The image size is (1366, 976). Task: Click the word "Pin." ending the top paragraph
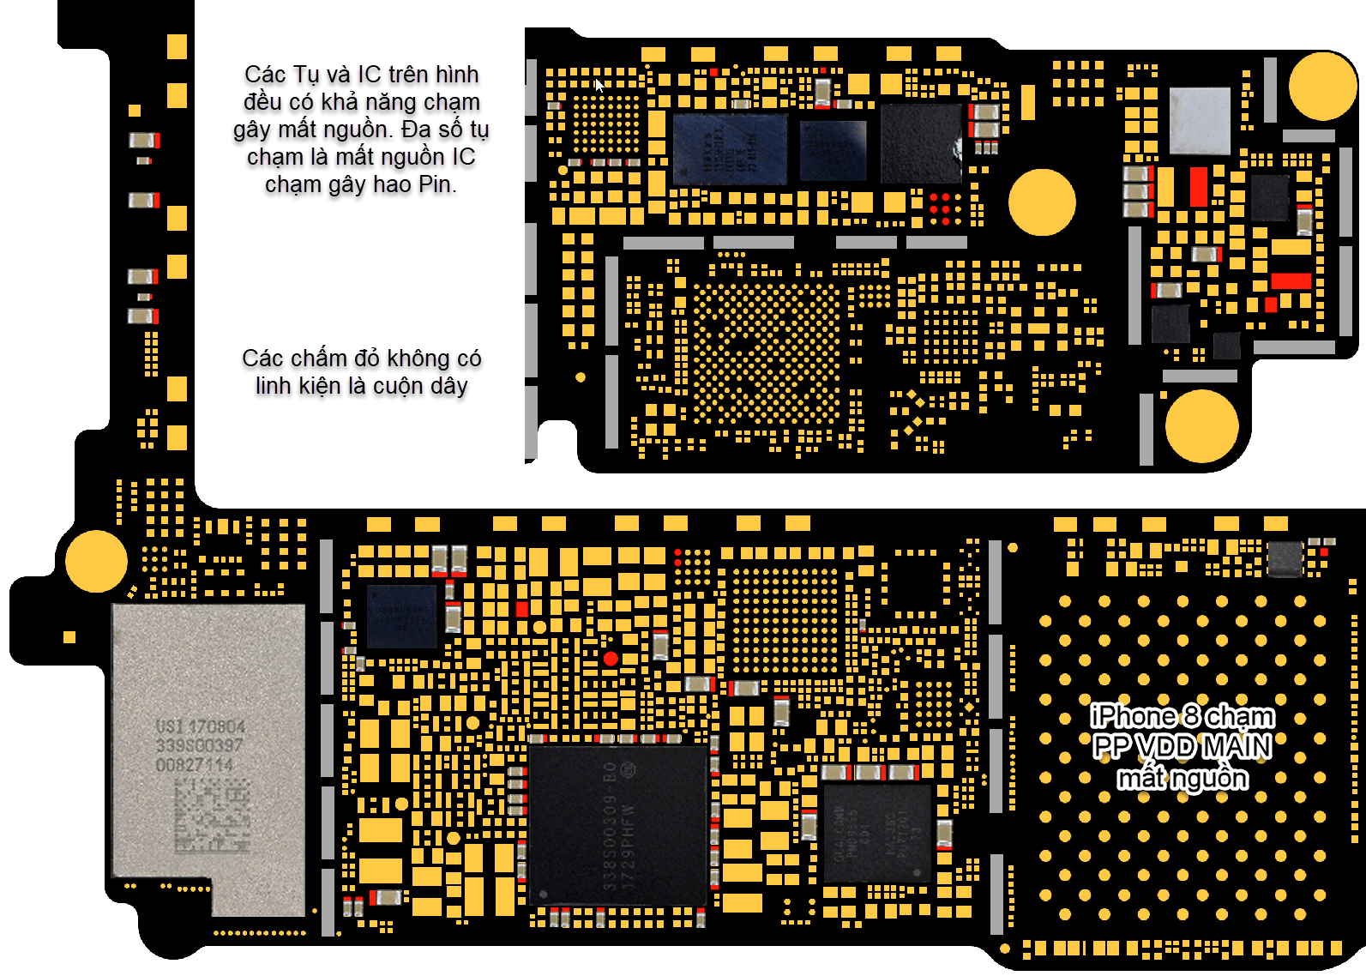point(437,184)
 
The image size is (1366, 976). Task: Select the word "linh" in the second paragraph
point(274,386)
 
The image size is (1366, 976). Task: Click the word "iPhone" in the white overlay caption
point(1133,716)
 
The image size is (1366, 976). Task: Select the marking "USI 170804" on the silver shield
point(201,727)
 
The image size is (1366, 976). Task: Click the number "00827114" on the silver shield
point(195,765)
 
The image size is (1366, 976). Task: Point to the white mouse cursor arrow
point(599,85)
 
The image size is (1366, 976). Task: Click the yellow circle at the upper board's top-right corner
point(1321,86)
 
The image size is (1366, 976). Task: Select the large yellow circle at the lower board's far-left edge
point(96,561)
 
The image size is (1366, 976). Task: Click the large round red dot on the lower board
point(611,659)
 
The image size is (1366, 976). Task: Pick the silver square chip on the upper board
point(1199,120)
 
